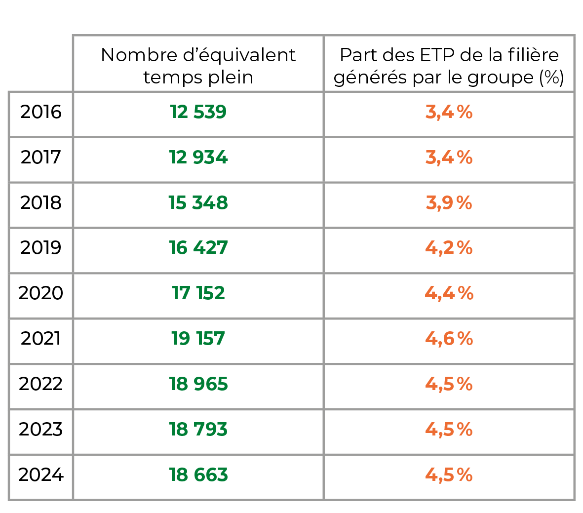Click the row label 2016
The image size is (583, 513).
(40, 112)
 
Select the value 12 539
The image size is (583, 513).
(198, 112)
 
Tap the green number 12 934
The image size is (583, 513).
(198, 158)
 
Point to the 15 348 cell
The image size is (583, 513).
(198, 203)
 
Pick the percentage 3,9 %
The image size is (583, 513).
(449, 203)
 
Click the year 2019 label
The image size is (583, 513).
(40, 248)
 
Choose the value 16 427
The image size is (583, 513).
(198, 248)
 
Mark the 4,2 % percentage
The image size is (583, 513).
(449, 248)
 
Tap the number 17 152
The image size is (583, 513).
(198, 293)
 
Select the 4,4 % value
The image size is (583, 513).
(449, 293)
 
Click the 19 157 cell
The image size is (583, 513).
(198, 339)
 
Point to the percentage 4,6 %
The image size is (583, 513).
(449, 339)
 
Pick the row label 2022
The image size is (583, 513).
(40, 384)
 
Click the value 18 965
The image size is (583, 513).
(198, 384)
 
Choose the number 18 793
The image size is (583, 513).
(198, 429)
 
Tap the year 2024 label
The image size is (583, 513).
(40, 474)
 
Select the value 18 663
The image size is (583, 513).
(198, 474)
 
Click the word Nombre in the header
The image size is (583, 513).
(139, 55)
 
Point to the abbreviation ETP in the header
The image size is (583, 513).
(437, 55)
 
